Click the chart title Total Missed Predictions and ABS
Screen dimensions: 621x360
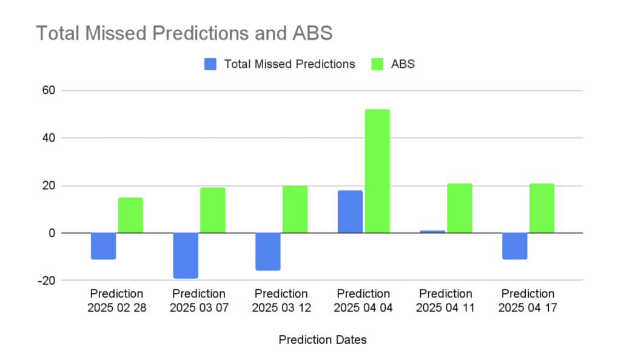[184, 33]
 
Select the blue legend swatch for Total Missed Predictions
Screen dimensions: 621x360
[210, 64]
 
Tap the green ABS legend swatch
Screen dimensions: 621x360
[377, 64]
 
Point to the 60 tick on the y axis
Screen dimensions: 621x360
[49, 90]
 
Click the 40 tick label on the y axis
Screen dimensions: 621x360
[49, 138]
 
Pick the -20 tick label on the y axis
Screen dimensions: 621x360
[46, 281]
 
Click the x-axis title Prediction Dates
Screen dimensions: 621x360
[323, 340]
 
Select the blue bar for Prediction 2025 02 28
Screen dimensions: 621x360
[103, 246]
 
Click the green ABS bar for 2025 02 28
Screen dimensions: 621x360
[130, 215]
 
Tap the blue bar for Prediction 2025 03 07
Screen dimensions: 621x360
[186, 256]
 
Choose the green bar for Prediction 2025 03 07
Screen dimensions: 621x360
[213, 210]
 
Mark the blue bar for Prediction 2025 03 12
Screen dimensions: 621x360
[268, 252]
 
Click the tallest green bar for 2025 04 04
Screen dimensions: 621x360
[377, 171]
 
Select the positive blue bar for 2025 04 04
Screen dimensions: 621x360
[350, 212]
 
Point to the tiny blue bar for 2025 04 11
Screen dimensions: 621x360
[432, 232]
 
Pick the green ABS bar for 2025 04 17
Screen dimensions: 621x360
[542, 208]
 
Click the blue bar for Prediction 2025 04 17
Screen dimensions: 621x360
[515, 246]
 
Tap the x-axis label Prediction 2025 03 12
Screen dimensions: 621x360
[281, 301]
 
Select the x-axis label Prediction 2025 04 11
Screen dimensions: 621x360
[446, 301]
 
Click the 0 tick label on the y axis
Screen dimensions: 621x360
[52, 233]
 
